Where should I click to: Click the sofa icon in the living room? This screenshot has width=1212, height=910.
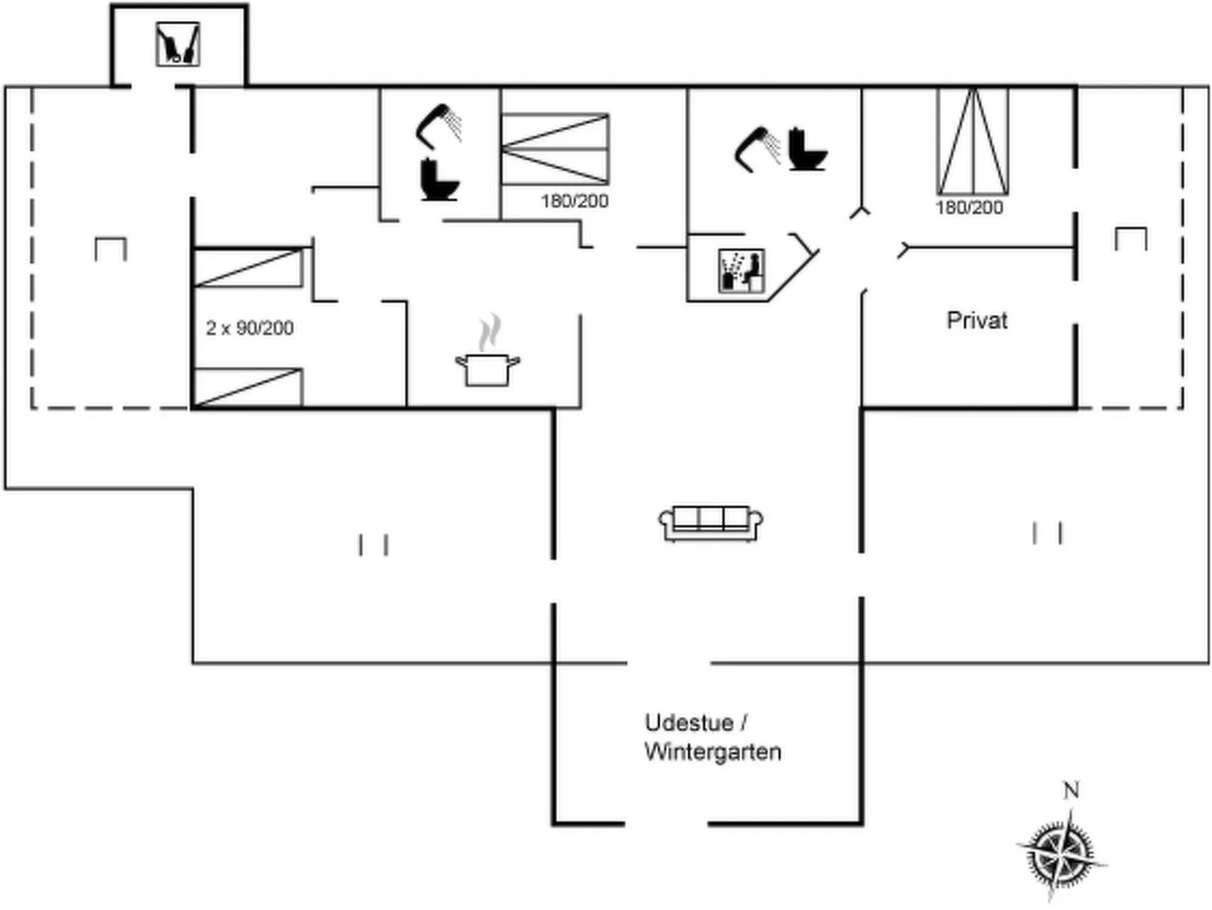(710, 523)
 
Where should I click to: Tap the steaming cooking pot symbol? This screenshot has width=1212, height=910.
(488, 355)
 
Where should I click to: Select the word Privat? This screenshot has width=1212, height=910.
(977, 320)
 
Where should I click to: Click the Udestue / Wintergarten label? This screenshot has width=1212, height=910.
(712, 737)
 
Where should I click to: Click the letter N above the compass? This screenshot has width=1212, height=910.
(1070, 790)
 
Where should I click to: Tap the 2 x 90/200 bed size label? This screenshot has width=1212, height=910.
(249, 328)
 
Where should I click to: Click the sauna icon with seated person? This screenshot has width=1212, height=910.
(741, 270)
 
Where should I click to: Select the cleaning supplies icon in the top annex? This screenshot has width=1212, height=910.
(178, 44)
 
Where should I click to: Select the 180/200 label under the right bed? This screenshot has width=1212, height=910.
(969, 208)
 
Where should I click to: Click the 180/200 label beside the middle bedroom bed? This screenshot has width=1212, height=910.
(574, 201)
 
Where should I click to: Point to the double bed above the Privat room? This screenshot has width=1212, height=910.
(973, 141)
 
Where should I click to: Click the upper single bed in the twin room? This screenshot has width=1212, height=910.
(248, 267)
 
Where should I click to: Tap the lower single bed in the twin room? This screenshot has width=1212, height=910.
(248, 387)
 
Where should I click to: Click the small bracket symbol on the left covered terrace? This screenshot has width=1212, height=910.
(110, 248)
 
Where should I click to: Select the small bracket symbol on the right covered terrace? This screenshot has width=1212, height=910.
(1130, 238)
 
